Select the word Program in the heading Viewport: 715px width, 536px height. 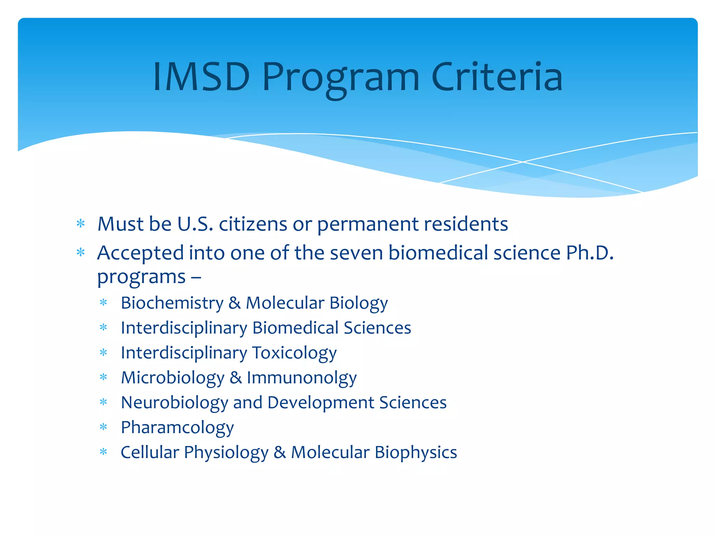(x=340, y=79)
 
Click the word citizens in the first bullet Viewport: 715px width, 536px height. (x=253, y=224)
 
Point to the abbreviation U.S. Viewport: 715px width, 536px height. (x=195, y=224)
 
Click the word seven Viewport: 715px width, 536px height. (x=356, y=253)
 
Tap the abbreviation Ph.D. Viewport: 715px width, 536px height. (x=590, y=253)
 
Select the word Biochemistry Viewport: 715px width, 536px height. (x=172, y=303)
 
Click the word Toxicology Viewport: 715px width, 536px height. (x=294, y=353)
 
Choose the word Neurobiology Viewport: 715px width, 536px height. (x=174, y=403)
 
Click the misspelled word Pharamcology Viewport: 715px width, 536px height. (x=177, y=428)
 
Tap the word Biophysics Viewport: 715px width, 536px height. (x=416, y=453)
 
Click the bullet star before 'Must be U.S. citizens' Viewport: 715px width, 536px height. (x=81, y=223)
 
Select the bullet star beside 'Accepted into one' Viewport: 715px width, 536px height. (x=81, y=252)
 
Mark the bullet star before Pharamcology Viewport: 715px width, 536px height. (x=103, y=427)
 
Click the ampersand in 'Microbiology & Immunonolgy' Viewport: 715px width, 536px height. (x=236, y=378)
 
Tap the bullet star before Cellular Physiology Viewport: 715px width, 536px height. (x=103, y=452)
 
